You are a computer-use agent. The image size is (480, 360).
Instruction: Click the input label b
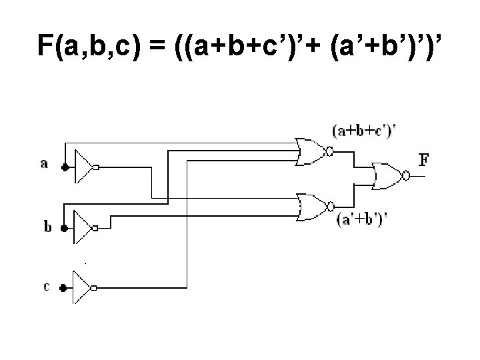tap(47, 227)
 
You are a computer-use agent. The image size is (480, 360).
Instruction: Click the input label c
tap(45, 287)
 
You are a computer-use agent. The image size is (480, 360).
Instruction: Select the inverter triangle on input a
tap(83, 167)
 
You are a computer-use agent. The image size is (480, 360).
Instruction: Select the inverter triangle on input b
tap(83, 228)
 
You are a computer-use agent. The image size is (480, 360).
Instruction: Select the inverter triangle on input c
tap(83, 288)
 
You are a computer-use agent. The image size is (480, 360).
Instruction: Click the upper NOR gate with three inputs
tap(310, 151)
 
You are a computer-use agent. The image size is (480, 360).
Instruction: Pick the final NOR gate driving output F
tap(387, 176)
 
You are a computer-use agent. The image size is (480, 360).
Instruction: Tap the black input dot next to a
tap(63, 168)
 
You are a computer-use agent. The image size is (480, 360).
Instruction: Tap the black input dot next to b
tap(63, 228)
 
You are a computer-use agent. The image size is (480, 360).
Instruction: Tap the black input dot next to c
tap(63, 288)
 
